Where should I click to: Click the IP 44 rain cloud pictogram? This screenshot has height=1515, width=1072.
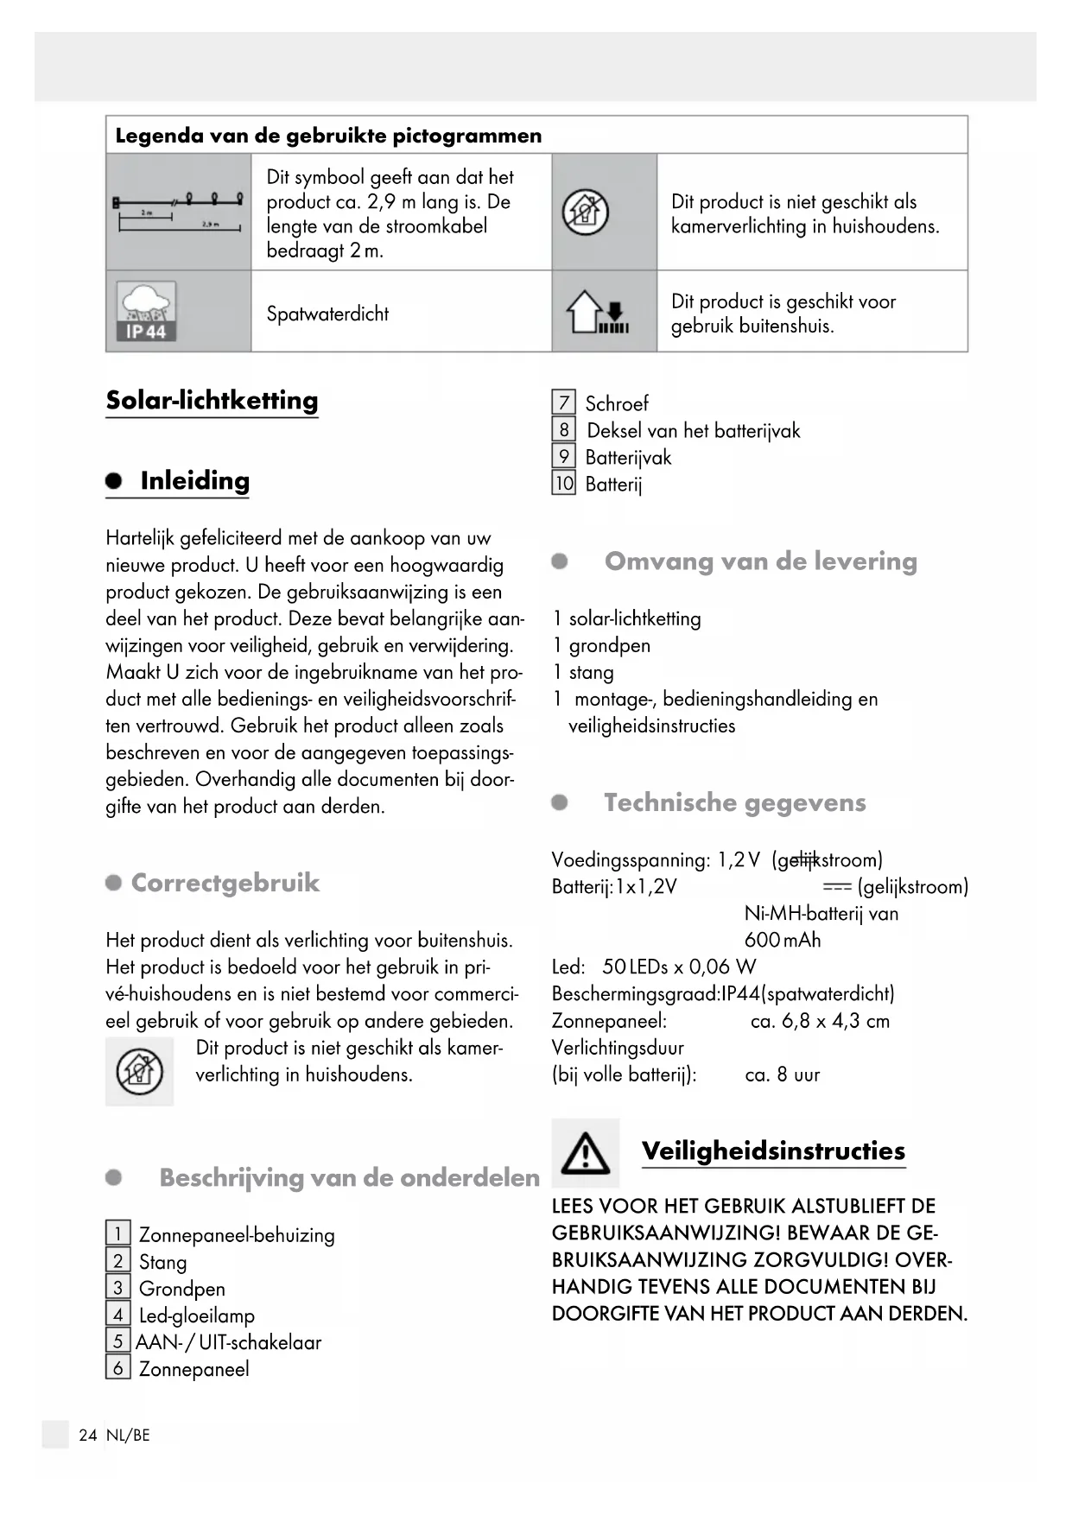point(146,311)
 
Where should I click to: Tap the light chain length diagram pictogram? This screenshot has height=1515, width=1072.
point(178,212)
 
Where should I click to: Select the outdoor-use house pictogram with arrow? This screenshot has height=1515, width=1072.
point(597,312)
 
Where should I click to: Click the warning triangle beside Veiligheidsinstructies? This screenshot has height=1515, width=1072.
point(585,1152)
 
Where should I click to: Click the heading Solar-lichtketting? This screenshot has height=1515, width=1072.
point(212,401)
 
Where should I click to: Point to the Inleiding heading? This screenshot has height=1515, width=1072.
point(194,481)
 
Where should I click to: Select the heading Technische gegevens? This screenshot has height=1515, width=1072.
point(734,802)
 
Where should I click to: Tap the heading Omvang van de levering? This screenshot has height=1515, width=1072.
point(760,561)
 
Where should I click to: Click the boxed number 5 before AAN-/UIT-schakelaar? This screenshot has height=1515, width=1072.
point(117,1341)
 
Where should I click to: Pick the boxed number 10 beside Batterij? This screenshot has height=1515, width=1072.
point(563,484)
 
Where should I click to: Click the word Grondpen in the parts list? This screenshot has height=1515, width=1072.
point(181,1289)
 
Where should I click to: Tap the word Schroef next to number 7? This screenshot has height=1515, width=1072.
point(617,403)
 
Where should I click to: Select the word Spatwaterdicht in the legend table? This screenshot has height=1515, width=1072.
point(327,314)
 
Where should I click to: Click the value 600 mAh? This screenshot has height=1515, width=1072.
point(783,940)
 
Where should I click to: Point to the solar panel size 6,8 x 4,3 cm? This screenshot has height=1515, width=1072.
point(820,1021)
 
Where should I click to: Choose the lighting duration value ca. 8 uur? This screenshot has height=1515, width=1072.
point(782,1074)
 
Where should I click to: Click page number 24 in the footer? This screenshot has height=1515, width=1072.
point(87,1435)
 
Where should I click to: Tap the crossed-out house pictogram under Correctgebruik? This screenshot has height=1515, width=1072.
point(139,1071)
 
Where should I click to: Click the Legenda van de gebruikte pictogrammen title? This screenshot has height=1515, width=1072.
point(328,136)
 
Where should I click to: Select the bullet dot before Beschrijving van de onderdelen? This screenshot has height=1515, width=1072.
point(113,1177)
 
